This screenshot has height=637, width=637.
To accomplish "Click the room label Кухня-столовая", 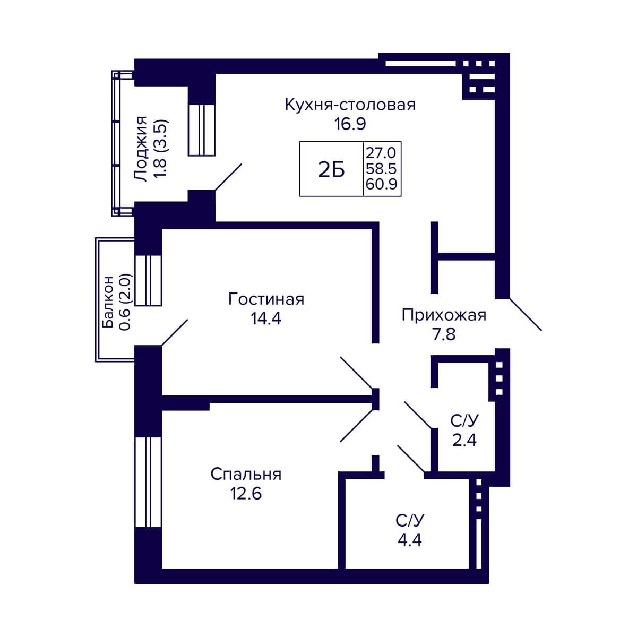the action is [x=350, y=105].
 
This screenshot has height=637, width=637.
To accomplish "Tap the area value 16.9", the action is [x=350, y=124].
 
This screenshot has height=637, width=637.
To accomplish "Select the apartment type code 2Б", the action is [x=331, y=170].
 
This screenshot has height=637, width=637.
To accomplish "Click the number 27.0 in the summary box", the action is [x=381, y=153].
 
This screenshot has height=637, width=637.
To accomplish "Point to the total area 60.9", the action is [x=381, y=184].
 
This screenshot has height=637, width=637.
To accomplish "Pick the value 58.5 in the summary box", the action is [x=381, y=169].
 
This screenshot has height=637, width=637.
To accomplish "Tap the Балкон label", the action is [x=108, y=302].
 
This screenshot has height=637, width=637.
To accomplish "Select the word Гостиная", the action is [x=266, y=299].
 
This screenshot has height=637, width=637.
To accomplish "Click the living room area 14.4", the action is [x=266, y=318].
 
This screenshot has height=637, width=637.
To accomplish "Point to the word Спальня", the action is [x=246, y=475].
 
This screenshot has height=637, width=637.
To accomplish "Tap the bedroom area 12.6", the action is [x=246, y=494].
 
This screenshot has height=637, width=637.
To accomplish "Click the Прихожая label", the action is [x=444, y=315].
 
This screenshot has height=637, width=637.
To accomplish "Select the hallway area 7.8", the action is [x=444, y=334].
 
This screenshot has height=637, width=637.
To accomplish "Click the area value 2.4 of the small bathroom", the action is [x=464, y=440].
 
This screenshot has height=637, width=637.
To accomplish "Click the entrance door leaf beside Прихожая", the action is [x=526, y=314].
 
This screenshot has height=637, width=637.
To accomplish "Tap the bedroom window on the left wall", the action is [x=148, y=483].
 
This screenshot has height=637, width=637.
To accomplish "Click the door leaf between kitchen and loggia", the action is [x=228, y=177].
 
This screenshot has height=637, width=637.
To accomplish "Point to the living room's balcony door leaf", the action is [x=175, y=332].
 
